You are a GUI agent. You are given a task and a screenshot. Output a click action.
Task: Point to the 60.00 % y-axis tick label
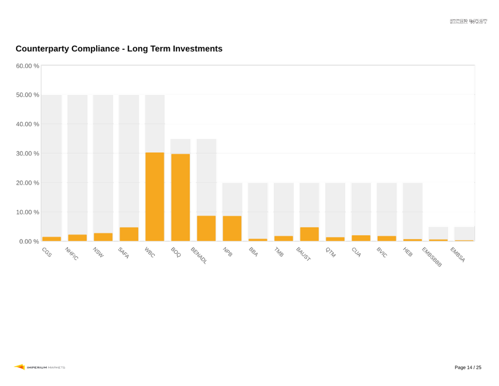pos(27,66)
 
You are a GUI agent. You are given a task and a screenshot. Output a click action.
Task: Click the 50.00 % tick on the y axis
pos(27,95)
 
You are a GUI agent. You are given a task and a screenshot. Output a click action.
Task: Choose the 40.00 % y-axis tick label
pos(27,124)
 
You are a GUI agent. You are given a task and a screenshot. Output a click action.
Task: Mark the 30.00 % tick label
pos(27,153)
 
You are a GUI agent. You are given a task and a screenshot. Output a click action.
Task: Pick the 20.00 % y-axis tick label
pos(27,183)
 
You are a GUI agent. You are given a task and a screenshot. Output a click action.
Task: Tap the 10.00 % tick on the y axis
pos(27,212)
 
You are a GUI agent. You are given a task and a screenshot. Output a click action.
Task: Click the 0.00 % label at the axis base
pos(29,241)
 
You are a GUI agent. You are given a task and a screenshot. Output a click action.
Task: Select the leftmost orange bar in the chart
pos(51,238)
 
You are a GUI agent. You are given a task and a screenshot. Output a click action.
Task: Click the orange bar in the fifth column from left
pos(154,197)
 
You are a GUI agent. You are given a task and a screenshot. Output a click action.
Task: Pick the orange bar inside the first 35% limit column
pos(180,197)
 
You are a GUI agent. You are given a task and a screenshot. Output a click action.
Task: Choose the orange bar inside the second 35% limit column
pos(206,228)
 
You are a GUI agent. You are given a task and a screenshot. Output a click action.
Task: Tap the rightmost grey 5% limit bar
pos(464,233)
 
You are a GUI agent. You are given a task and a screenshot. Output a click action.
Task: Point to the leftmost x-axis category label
pos(47,252)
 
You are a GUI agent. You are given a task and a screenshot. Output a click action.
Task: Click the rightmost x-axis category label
pos(458,254)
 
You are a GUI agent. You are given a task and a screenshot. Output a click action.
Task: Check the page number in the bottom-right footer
pos(468,367)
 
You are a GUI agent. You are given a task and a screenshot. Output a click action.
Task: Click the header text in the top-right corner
pos(469,21)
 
